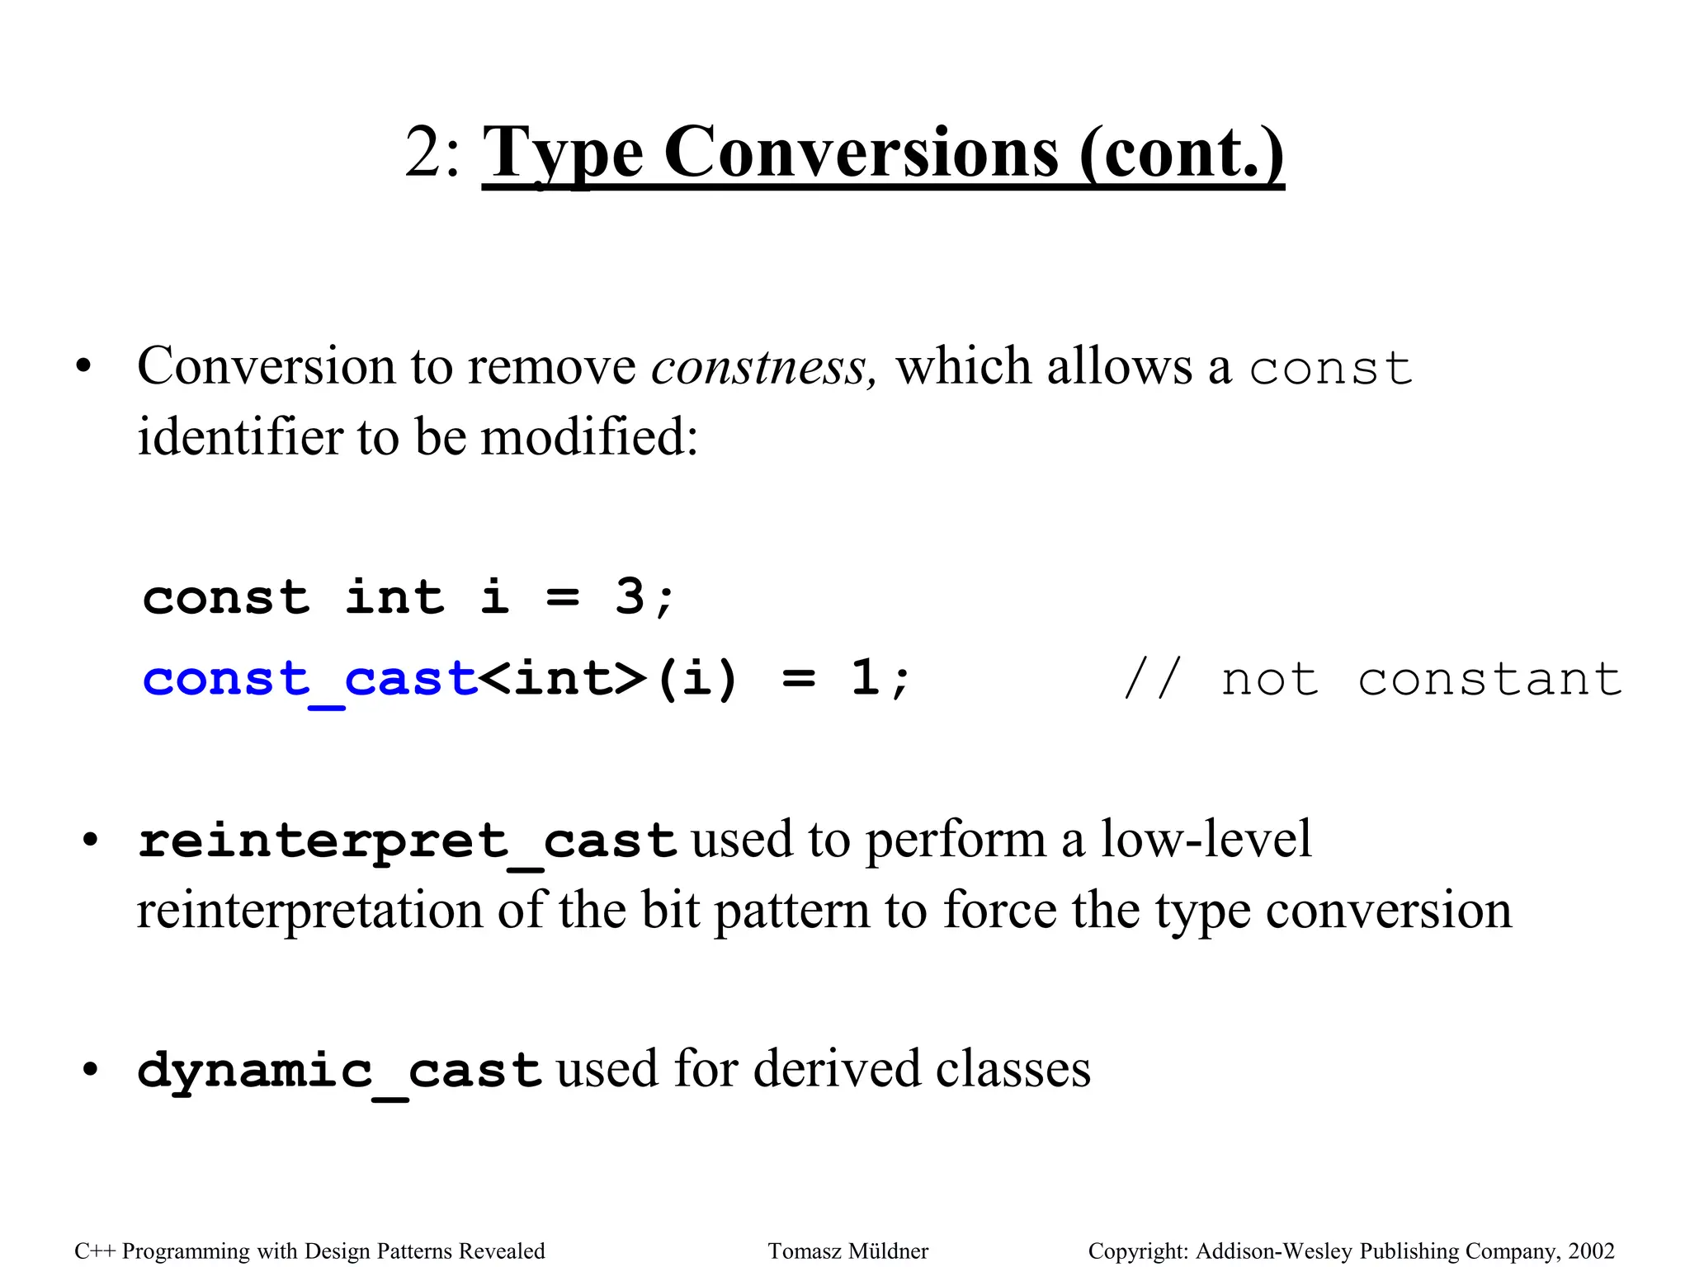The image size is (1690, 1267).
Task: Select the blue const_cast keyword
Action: click(310, 679)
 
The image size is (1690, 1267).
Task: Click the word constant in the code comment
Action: click(1490, 680)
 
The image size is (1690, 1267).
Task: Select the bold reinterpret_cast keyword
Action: click(408, 841)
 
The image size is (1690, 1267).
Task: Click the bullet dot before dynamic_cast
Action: click(90, 1070)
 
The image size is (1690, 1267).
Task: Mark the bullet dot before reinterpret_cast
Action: click(90, 841)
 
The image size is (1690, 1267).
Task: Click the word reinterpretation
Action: click(309, 911)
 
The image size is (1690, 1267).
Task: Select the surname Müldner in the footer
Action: click(889, 1251)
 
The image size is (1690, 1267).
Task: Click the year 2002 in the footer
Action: click(1591, 1251)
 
